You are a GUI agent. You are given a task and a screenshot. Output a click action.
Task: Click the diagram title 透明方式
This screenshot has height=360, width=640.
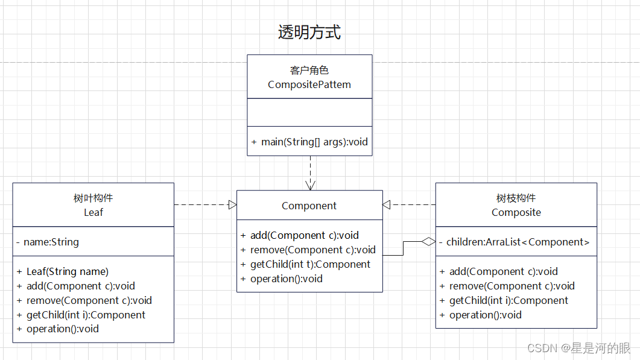(x=309, y=32)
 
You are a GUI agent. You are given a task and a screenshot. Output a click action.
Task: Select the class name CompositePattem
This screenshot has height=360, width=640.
(x=309, y=84)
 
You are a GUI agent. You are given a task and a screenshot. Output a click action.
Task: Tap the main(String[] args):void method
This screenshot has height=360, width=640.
(x=309, y=142)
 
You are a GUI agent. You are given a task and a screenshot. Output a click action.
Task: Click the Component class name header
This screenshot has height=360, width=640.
(x=309, y=206)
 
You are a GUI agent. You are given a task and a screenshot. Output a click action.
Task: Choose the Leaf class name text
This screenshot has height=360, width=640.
(x=93, y=212)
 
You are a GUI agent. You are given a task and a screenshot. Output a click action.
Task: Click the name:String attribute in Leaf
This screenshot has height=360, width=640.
(x=51, y=242)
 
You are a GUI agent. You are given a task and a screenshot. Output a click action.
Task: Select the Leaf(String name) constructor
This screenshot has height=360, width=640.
(x=68, y=271)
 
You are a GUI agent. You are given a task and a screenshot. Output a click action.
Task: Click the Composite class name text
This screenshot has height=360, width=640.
(x=516, y=212)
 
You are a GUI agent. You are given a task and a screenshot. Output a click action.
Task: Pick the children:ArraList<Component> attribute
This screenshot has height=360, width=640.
(x=518, y=242)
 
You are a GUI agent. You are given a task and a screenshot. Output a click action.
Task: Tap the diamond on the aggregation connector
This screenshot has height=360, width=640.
(x=428, y=242)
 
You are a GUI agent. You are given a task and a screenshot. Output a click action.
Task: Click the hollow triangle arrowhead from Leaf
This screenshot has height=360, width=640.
(x=232, y=205)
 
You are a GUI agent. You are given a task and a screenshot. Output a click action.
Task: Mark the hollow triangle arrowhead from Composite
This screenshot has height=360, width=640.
(x=387, y=205)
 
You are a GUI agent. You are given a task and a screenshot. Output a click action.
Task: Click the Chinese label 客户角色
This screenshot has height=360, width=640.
(x=309, y=71)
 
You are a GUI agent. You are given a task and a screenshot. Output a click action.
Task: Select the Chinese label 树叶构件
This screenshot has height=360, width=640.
(x=93, y=198)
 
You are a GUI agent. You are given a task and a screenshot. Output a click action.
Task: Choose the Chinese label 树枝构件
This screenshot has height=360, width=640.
(x=516, y=198)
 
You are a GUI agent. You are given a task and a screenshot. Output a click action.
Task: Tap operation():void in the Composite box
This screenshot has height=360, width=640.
(x=485, y=315)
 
